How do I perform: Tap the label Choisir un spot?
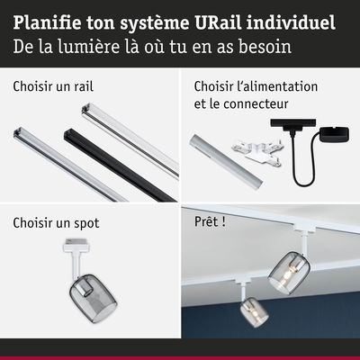click(x=56, y=221)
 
